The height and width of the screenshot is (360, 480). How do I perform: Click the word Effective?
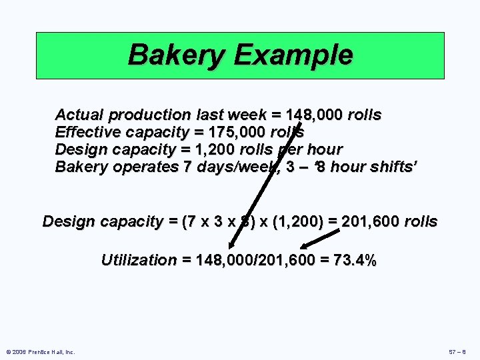[87, 132]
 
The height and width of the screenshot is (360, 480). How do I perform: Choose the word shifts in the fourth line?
[391, 167]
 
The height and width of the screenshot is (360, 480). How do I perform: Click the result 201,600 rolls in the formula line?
[389, 221]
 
